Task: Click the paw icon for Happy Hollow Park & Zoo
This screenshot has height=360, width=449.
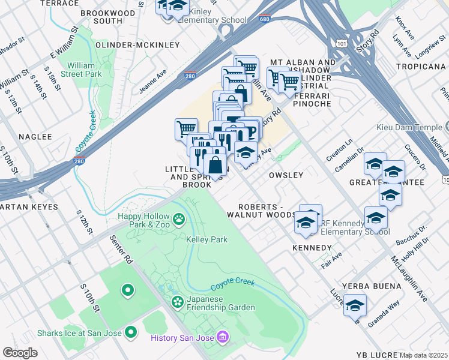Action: coord(179,220)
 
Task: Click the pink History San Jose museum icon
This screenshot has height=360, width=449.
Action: coord(223,338)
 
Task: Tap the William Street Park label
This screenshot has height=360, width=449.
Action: coord(84,69)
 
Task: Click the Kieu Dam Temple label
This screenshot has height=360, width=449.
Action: coord(409,128)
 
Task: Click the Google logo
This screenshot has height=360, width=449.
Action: coord(20,352)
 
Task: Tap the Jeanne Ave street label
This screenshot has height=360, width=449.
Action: coord(154,80)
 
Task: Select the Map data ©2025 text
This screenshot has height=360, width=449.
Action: coord(423,355)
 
